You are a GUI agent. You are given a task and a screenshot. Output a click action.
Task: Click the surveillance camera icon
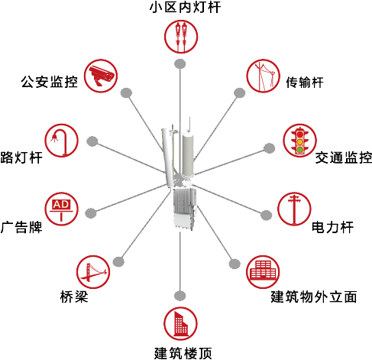[x=101, y=76]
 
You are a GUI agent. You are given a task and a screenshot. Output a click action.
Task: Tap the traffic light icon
[x=300, y=141]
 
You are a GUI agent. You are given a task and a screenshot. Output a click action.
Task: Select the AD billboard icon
[x=61, y=209]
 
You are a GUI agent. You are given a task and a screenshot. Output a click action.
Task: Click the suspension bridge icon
[x=93, y=272]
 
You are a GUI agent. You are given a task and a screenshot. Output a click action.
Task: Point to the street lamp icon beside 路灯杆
[x=62, y=141]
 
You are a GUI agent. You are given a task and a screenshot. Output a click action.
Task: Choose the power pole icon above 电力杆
[x=294, y=209]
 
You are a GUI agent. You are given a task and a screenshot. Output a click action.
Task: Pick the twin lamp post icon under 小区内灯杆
[x=181, y=37]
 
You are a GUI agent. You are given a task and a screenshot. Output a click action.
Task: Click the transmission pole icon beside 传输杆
[x=263, y=76]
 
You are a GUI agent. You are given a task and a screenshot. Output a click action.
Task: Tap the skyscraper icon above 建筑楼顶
[x=180, y=324]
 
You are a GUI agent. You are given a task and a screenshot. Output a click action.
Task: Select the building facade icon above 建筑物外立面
[x=263, y=272]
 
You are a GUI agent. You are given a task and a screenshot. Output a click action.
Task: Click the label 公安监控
[x=50, y=82]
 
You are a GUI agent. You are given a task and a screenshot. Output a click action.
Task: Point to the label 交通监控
[x=344, y=157]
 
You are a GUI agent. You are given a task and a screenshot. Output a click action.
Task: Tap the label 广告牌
[x=21, y=227]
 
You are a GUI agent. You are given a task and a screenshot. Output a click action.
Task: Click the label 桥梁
[x=74, y=297]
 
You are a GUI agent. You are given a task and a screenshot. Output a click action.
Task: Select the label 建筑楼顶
[x=183, y=353]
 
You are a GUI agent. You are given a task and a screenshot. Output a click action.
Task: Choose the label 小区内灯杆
[x=185, y=7]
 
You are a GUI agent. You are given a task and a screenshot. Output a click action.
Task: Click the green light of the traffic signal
[x=300, y=150]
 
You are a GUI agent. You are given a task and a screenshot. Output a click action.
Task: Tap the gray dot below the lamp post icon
[x=180, y=63]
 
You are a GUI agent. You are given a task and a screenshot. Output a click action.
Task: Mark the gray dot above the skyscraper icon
[x=180, y=296]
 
